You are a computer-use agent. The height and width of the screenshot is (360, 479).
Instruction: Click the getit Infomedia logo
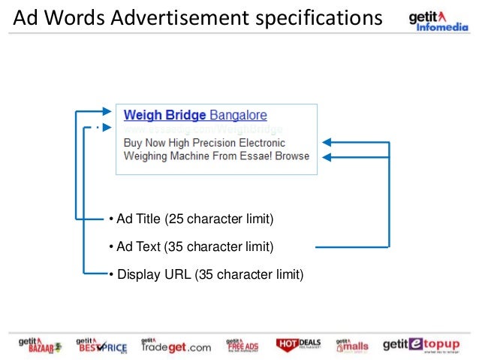pyautogui.click(x=437, y=22)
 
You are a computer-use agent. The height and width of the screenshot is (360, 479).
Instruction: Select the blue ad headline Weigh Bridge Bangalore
pyautogui.click(x=195, y=116)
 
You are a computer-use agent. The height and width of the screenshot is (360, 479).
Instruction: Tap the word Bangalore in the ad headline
pyautogui.click(x=238, y=116)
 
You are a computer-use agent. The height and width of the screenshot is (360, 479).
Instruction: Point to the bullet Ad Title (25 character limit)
pyautogui.click(x=191, y=219)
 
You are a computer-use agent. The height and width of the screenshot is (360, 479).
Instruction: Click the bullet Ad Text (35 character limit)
pyautogui.click(x=190, y=247)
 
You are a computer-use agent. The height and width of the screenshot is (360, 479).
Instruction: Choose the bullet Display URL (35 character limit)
pyautogui.click(x=206, y=274)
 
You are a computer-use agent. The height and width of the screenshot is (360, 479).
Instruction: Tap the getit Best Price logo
pyautogui.click(x=101, y=345)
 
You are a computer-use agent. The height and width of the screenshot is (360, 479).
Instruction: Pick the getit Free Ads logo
pyautogui.click(x=243, y=345)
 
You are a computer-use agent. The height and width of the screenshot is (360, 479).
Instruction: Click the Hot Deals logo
pyautogui.click(x=299, y=345)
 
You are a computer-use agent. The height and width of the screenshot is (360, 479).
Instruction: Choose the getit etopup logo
pyautogui.click(x=420, y=345)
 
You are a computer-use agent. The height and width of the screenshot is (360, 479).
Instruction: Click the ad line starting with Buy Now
pyautogui.click(x=203, y=143)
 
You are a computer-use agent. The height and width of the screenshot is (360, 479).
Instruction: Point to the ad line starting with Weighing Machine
pyautogui.click(x=215, y=156)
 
